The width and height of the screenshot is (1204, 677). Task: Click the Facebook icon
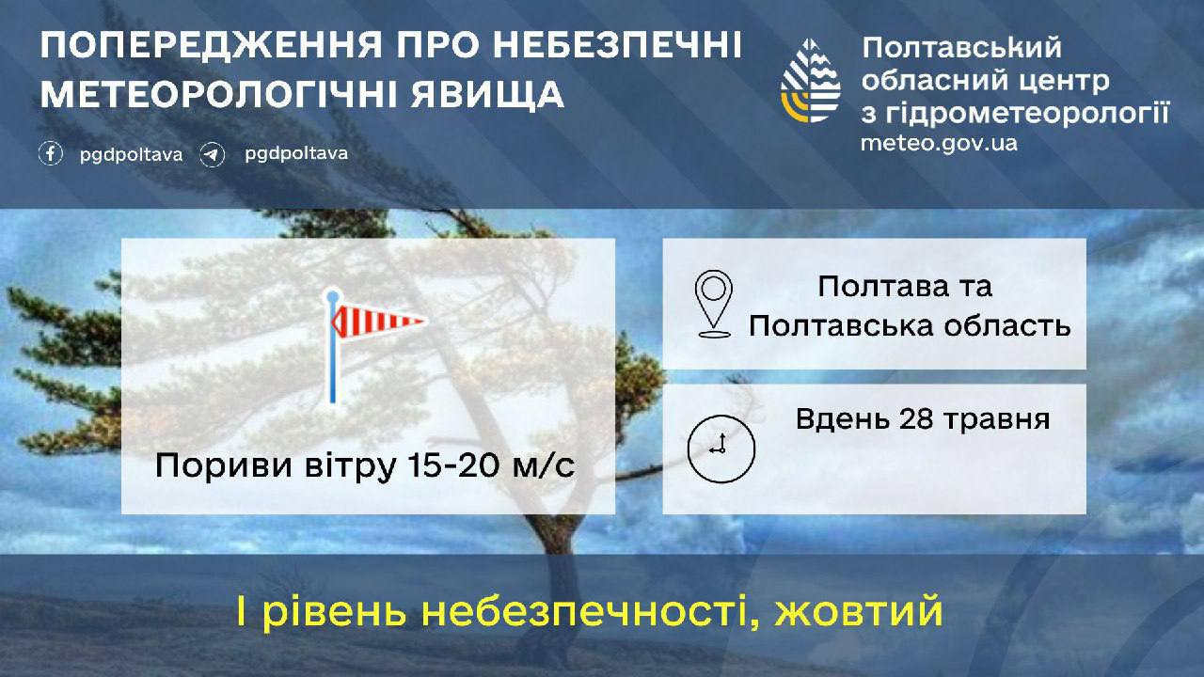pos(51,153)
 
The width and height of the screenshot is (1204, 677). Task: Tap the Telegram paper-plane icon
pos(213,155)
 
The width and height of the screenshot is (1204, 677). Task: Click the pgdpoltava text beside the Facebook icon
pos(131,155)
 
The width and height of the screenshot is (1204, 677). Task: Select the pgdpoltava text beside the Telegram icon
pos(296,154)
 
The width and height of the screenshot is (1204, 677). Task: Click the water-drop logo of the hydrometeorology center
pos(810,81)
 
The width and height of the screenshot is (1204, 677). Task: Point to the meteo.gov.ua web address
pos(939,143)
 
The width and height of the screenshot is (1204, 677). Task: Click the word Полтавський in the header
pos(962,47)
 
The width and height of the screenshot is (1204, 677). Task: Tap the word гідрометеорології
pos(1026,114)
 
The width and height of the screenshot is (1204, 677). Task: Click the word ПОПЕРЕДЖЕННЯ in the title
pos(211,45)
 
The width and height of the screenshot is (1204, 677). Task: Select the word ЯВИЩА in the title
pos(487,95)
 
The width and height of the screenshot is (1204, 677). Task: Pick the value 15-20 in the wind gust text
pos(453,464)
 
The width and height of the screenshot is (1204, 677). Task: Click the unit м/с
pos(544,465)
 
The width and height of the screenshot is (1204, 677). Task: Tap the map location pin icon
pos(713,304)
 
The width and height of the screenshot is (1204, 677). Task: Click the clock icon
pos(721,449)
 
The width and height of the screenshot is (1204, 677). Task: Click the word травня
pos(998,420)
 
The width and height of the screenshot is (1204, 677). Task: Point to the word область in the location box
pos(1007,325)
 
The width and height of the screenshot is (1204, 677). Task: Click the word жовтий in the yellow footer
pos(859,611)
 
